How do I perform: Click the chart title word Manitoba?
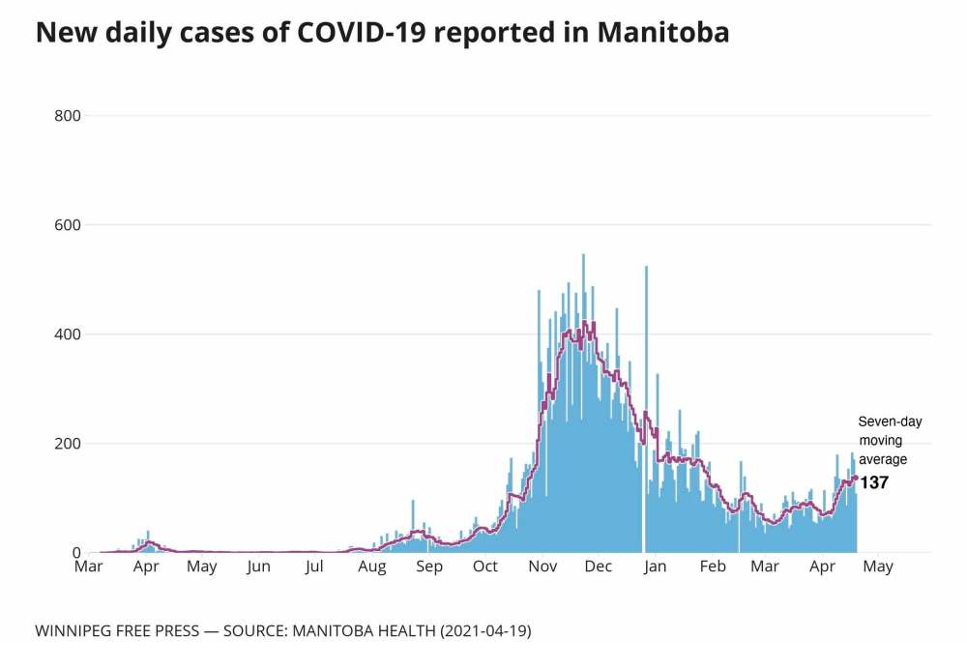(x=663, y=33)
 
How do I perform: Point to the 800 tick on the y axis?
(x=67, y=116)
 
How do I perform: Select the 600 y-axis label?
(x=67, y=225)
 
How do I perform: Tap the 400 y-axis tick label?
(x=67, y=334)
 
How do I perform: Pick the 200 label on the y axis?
(x=67, y=444)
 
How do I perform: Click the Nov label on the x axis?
(x=542, y=567)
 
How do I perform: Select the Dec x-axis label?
(x=599, y=567)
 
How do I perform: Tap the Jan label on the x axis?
(x=655, y=567)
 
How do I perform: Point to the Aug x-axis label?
(x=372, y=567)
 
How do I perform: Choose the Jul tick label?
(x=313, y=567)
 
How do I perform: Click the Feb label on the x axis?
(x=712, y=567)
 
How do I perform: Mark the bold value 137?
(x=874, y=482)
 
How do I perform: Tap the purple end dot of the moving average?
(x=855, y=478)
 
